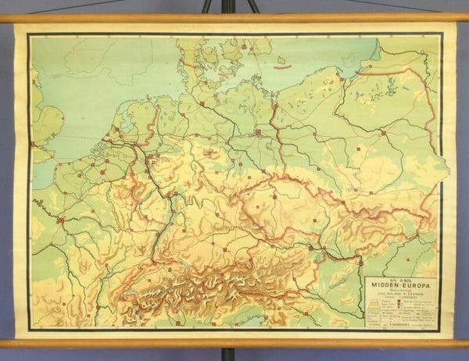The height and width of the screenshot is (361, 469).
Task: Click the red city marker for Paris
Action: [60, 220]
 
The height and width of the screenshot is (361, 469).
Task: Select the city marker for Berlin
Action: [257, 133]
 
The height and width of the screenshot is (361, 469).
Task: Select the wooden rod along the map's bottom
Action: [234, 341]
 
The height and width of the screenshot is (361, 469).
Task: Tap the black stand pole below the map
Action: [226, 354]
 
